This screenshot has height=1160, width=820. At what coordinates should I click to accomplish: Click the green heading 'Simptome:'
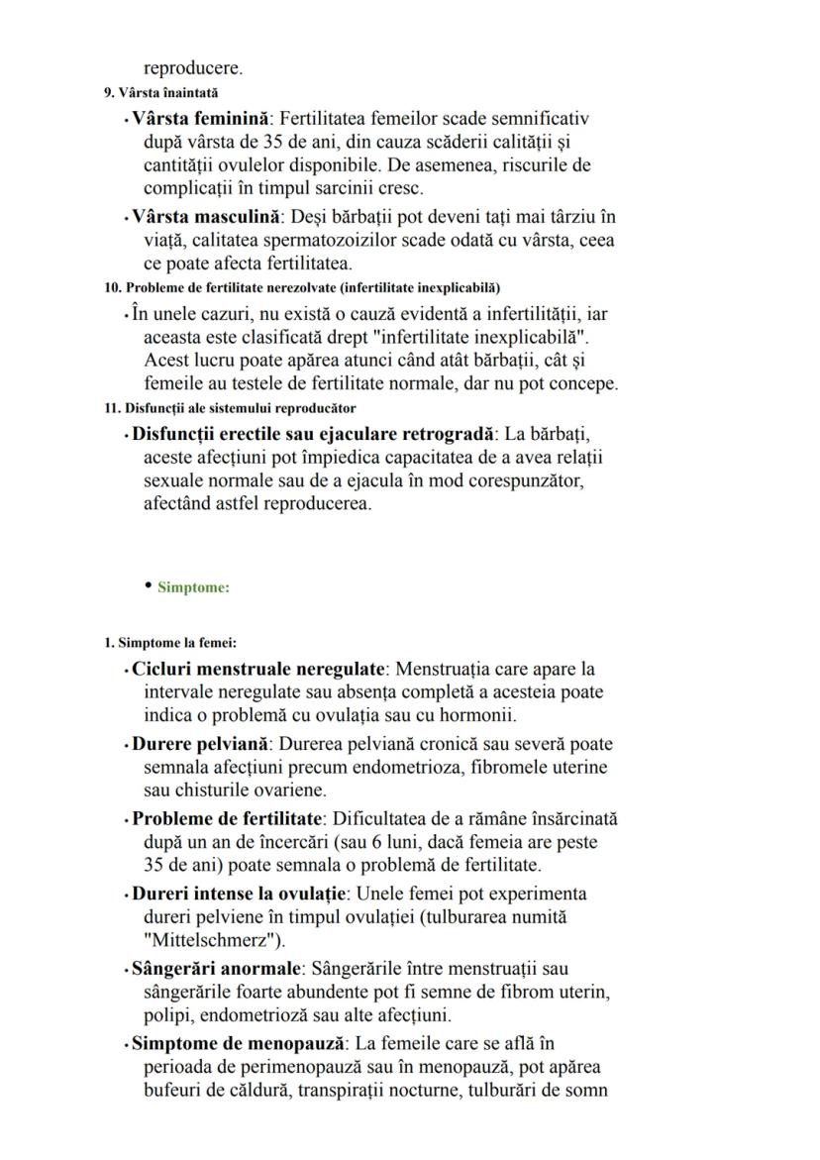coord(193,587)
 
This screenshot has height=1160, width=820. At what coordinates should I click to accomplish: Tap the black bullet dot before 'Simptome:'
coord(149,585)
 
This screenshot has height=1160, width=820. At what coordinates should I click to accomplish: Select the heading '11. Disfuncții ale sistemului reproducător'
coord(230,408)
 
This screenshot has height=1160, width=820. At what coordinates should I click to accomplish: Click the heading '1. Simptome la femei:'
coord(163,643)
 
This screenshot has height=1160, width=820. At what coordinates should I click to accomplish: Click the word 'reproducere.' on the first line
coord(192,69)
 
